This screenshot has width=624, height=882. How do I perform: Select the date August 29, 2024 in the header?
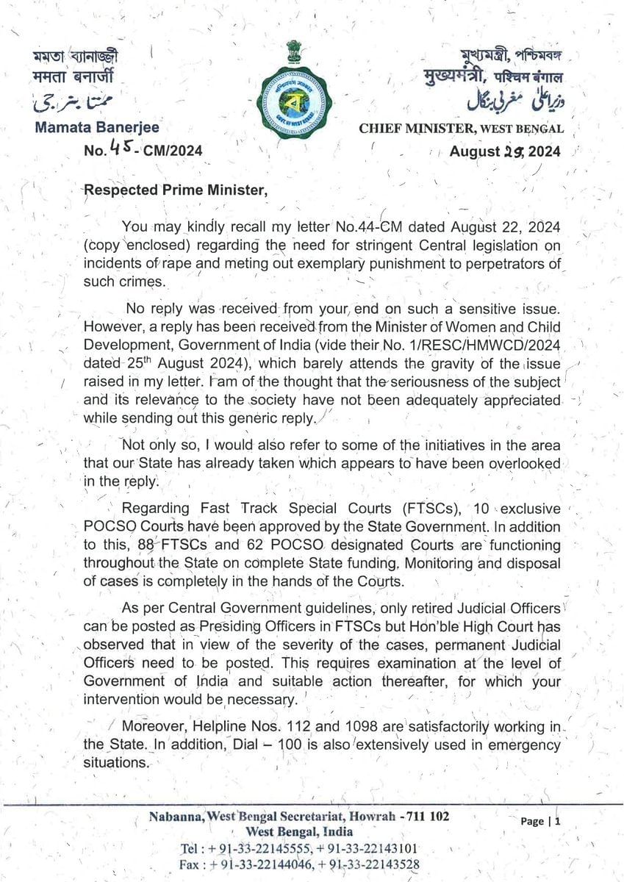click(505, 151)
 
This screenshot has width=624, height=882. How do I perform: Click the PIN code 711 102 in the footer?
click(423, 816)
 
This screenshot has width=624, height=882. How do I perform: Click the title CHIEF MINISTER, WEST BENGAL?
click(462, 129)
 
